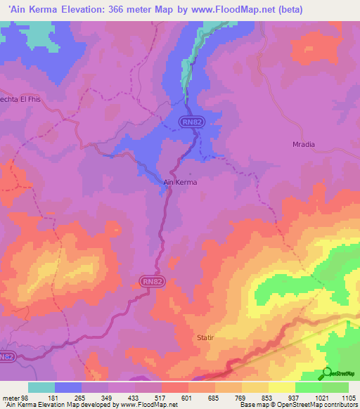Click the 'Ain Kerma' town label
180,181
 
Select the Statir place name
205,337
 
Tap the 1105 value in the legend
347,398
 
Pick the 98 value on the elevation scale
27,398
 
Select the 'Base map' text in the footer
254,405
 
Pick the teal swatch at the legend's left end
41,387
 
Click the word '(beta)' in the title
338,9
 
